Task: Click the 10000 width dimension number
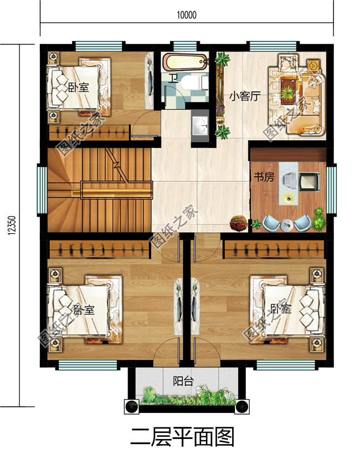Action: point(187,15)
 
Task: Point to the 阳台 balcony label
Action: point(182,382)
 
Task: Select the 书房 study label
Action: point(264,177)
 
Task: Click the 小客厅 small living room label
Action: point(245,96)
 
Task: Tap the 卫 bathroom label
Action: point(173,78)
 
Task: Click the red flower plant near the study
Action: point(238,223)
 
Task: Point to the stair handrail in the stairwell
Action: point(116,190)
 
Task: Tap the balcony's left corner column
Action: point(132,406)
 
